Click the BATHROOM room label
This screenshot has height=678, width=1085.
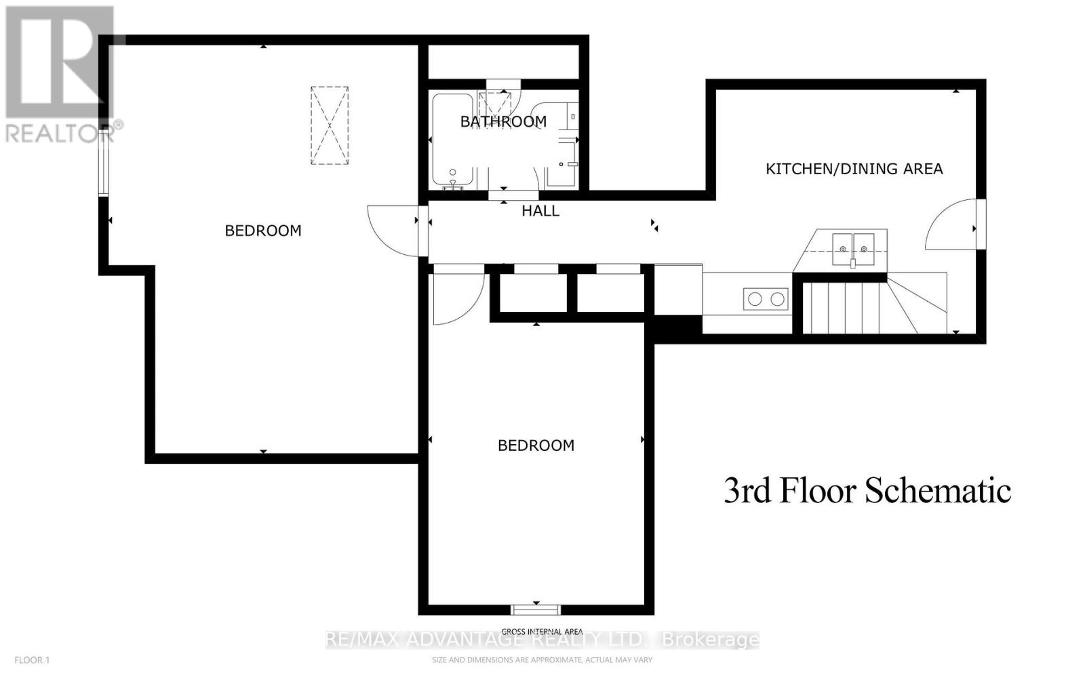pyautogui.click(x=503, y=121)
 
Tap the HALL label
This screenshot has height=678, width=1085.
pyautogui.click(x=540, y=211)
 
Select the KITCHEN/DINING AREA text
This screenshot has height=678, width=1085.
pyautogui.click(x=854, y=169)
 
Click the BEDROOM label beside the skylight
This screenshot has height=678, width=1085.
pyautogui.click(x=263, y=231)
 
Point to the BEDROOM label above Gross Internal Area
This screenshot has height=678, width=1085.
pyautogui.click(x=536, y=445)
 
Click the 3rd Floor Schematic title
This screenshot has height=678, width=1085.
pyautogui.click(x=867, y=490)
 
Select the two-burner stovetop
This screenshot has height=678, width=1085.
pyautogui.click(x=766, y=299)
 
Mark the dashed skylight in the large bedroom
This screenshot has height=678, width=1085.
pyautogui.click(x=330, y=125)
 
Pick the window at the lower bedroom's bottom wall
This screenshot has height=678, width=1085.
pyautogui.click(x=536, y=608)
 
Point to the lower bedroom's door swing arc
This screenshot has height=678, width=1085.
pyautogui.click(x=458, y=297)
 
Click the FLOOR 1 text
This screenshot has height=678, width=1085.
pyautogui.click(x=32, y=660)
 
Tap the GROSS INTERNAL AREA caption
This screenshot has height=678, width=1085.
pyautogui.click(x=542, y=631)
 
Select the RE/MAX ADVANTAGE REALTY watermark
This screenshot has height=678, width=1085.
pyautogui.click(x=542, y=639)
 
